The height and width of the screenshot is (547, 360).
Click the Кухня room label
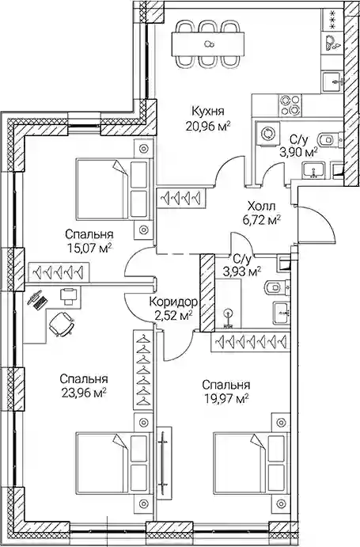[207, 112]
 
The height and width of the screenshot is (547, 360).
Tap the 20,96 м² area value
[208, 126]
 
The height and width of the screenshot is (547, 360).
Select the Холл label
[261, 206]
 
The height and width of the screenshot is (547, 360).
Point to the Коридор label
[173, 302]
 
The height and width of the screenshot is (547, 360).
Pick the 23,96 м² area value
[84, 393]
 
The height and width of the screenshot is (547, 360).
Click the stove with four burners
[290, 105]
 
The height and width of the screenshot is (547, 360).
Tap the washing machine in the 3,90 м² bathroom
[267, 133]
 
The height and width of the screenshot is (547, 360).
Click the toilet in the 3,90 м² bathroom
[328, 139]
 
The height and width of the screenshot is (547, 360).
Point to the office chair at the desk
[62, 325]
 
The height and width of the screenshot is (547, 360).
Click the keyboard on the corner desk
[41, 301]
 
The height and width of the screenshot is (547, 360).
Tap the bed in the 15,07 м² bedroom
[115, 189]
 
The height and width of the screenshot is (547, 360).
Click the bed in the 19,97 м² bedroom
[251, 463]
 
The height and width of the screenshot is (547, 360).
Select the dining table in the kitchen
[207, 44]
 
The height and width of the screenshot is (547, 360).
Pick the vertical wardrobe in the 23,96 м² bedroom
[143, 370]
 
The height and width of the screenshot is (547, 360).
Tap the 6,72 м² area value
[261, 220]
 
